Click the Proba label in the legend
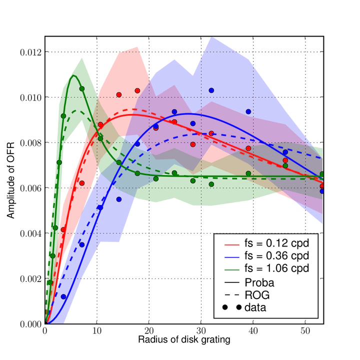pos(259,281)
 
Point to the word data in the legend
pos(255,307)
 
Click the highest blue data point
pos(211,90)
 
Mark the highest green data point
pos(82,89)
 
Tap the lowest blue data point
pos(63,296)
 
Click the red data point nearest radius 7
pos(82,183)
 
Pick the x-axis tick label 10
pos(97,331)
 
